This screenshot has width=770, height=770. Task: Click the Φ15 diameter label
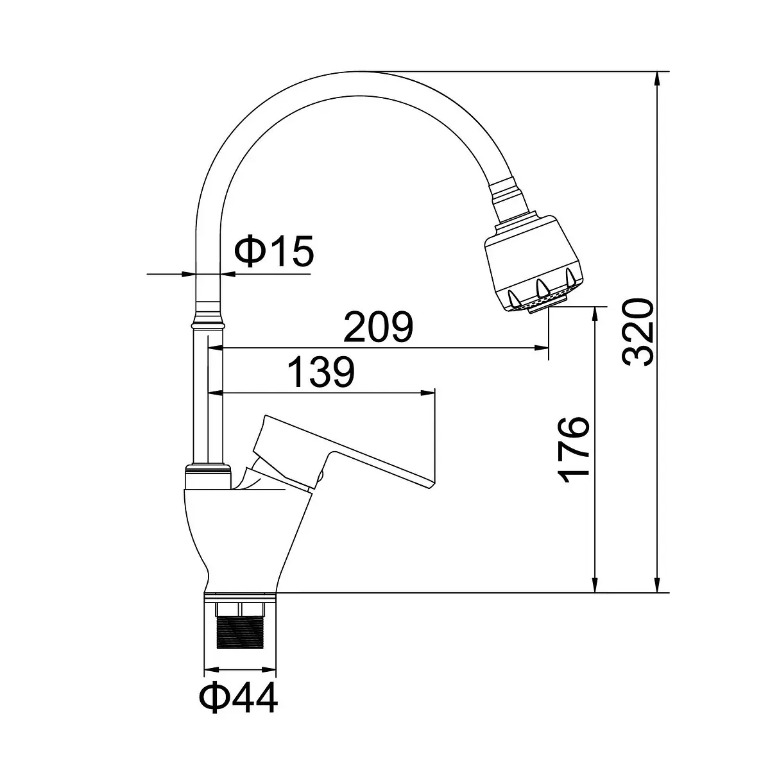[274, 251]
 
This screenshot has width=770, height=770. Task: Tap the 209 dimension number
[378, 327]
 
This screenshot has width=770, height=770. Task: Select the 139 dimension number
[321, 372]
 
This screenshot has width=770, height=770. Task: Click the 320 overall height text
[638, 332]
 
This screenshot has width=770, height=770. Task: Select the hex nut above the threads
[240, 610]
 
